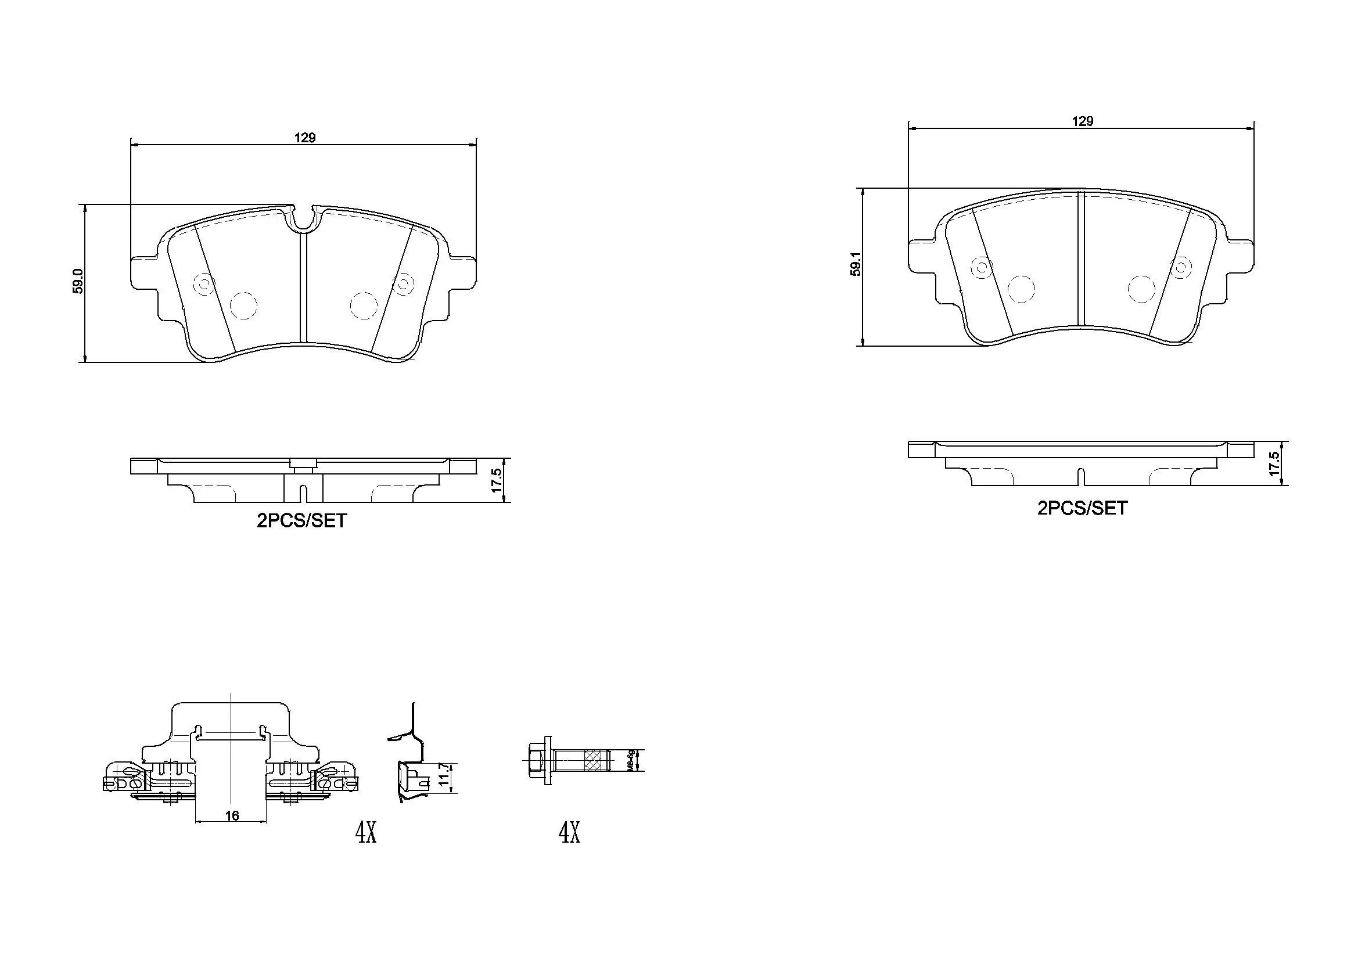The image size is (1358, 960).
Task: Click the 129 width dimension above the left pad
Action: tap(305, 138)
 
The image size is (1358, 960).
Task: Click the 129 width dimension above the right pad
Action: tap(1082, 121)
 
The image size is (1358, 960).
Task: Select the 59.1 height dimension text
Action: tap(855, 263)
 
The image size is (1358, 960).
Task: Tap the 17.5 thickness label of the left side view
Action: tap(496, 481)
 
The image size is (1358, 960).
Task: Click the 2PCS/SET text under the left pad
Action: tap(301, 520)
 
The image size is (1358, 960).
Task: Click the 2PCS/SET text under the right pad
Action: tap(1082, 508)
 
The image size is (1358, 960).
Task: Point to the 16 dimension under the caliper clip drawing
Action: tap(232, 815)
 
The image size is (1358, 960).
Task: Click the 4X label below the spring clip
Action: tap(365, 833)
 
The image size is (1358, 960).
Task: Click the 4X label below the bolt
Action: tap(569, 833)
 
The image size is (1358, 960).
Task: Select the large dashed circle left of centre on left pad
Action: tap(243, 305)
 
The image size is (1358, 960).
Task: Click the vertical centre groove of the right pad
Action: tap(1080, 260)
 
